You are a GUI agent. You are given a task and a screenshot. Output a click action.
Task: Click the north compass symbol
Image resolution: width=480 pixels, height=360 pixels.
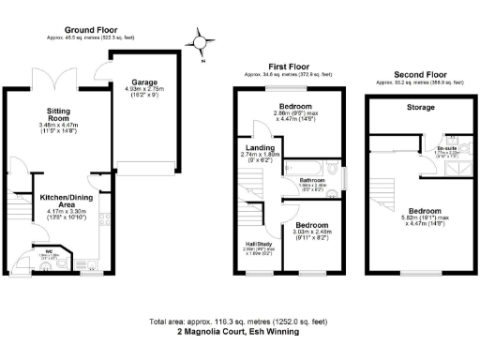click(x=199, y=42)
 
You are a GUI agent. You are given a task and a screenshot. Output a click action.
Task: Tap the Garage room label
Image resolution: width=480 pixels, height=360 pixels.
click(x=144, y=82)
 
